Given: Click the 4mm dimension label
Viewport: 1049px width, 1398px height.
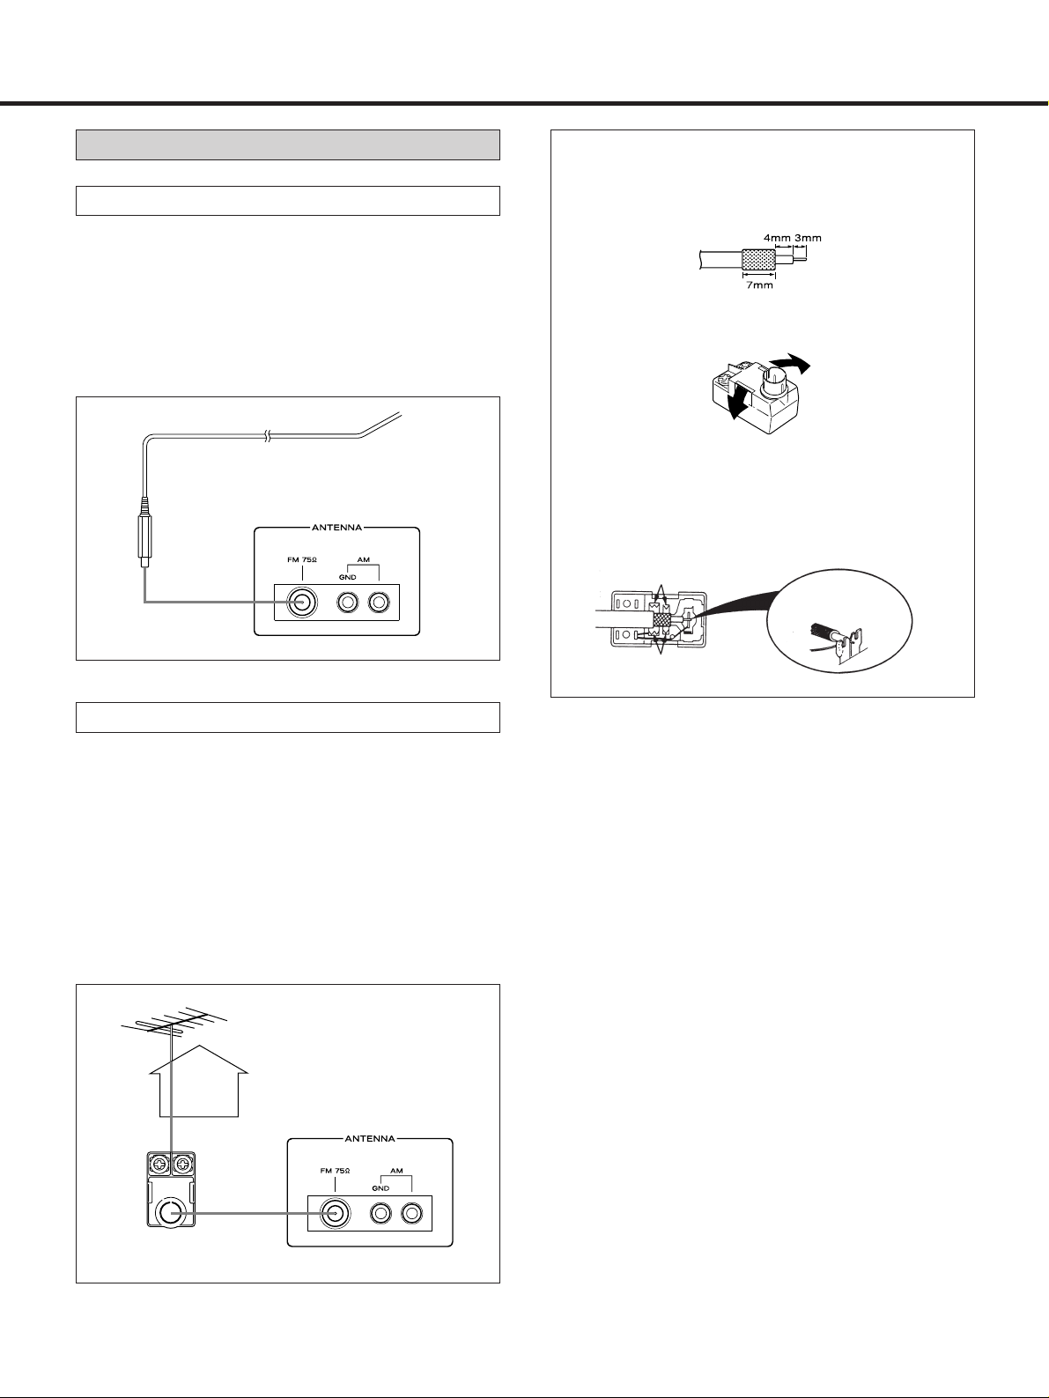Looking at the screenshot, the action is (777, 238).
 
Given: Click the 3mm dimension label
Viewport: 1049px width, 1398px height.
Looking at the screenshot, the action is (809, 238).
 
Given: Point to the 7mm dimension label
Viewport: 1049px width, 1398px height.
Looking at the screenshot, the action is (759, 285).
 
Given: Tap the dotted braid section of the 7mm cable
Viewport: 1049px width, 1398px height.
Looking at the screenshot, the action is (758, 259).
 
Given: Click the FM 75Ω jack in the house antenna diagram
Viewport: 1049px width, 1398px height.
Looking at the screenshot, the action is (335, 1214).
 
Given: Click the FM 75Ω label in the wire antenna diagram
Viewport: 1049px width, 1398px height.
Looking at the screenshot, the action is (302, 560).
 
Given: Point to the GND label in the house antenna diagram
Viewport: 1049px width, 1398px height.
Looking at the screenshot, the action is (380, 1188).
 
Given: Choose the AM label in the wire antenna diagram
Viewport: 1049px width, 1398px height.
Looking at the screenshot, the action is (364, 560).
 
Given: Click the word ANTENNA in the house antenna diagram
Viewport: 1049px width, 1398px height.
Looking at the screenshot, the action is (370, 1138).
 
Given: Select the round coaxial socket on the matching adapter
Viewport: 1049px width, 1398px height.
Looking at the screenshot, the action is (170, 1213).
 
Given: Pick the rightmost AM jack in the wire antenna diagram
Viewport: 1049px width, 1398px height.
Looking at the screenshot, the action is (380, 603).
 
